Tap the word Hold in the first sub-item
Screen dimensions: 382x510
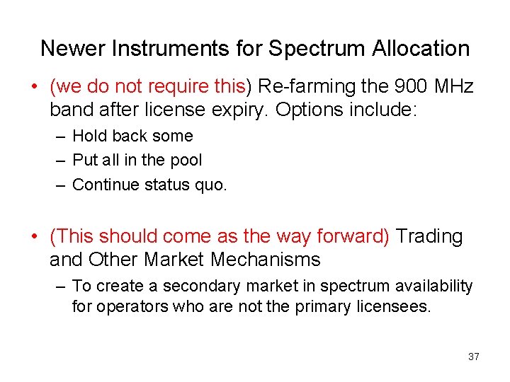pyautogui.click(x=89, y=136)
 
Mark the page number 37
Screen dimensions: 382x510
pyautogui.click(x=474, y=357)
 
